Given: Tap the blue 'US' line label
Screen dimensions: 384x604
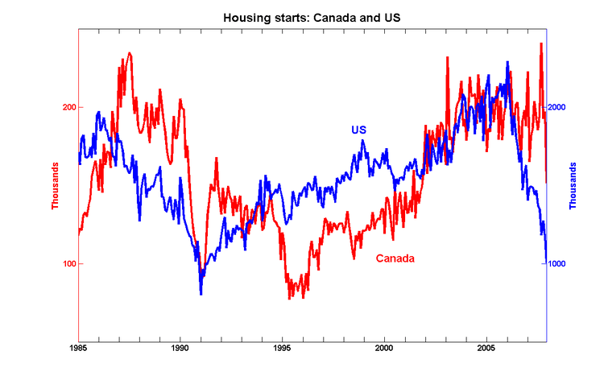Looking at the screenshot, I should click(x=358, y=130).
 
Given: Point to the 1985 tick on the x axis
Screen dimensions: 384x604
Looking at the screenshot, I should click(x=78, y=349).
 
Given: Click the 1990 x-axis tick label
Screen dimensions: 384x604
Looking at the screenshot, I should click(x=180, y=349).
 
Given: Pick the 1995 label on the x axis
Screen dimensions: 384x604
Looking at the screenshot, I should click(x=282, y=349).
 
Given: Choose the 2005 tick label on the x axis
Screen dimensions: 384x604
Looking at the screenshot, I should click(x=486, y=349).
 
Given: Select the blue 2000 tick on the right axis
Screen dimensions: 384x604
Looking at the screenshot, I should click(x=559, y=107).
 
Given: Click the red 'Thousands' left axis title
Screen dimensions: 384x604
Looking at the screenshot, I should click(x=56, y=186).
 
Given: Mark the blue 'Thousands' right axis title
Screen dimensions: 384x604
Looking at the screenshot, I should click(x=573, y=186).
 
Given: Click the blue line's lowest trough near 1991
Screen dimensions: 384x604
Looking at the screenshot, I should click(x=201, y=293).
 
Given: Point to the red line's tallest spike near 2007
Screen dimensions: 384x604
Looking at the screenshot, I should click(x=540, y=43).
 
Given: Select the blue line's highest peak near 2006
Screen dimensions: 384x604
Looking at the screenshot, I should click(x=507, y=62).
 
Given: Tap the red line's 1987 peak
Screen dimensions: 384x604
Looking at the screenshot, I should click(x=129, y=53).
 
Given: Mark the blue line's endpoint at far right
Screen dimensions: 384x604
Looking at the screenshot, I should click(x=547, y=262).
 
